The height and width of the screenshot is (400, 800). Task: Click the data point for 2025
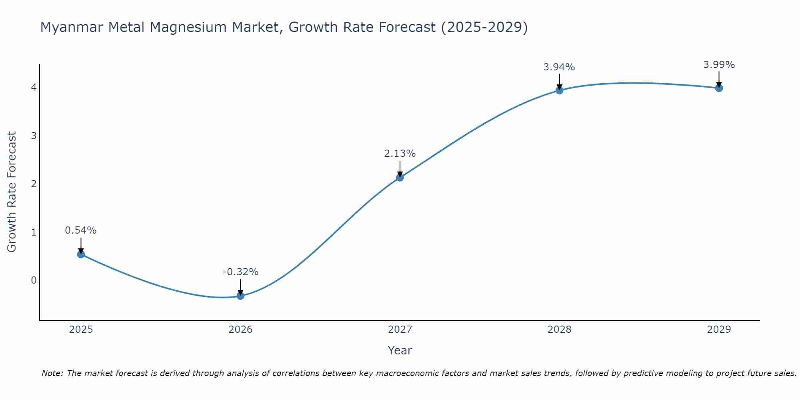(x=81, y=254)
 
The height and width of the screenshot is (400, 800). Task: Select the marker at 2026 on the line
(x=240, y=296)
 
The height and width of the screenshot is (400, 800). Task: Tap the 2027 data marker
(x=400, y=177)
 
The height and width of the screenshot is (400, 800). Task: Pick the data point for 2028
(x=559, y=90)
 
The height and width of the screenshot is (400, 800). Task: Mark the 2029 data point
(x=719, y=88)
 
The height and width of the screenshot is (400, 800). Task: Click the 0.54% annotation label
(x=81, y=230)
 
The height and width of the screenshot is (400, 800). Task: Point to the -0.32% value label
(x=240, y=272)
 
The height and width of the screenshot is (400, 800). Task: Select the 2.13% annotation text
(x=400, y=154)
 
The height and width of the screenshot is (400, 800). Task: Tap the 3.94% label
(x=559, y=67)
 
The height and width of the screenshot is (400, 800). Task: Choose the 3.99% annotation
(x=719, y=65)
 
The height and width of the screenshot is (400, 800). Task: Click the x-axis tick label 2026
(x=240, y=330)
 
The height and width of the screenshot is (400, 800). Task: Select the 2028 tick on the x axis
(x=559, y=330)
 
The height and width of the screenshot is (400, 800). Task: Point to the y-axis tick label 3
(x=34, y=136)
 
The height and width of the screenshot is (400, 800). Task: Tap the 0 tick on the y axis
(x=34, y=280)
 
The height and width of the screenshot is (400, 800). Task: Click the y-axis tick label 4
(x=34, y=88)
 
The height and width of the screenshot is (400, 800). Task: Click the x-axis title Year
(x=400, y=350)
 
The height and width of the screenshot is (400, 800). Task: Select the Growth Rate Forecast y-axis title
(x=12, y=192)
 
